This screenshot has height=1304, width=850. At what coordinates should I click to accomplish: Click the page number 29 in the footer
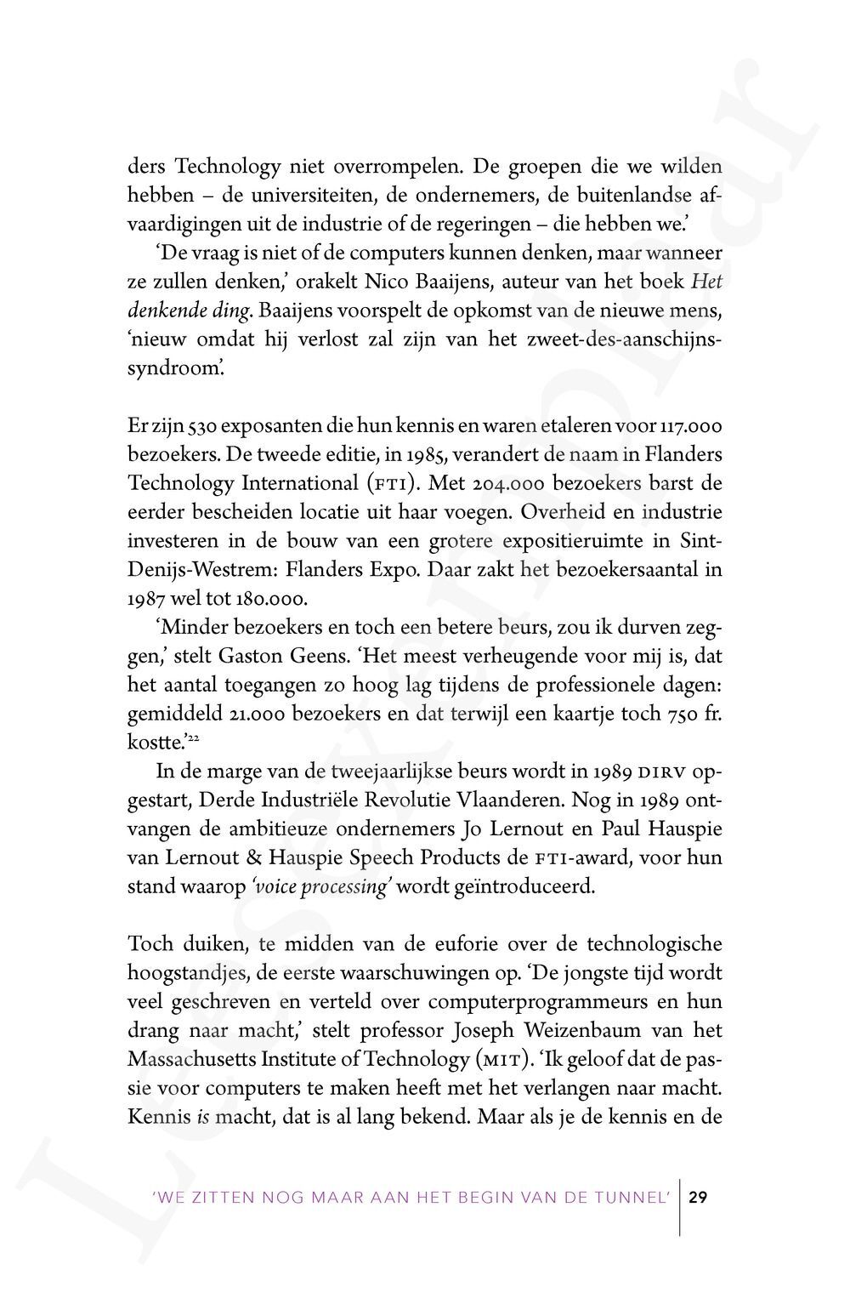[x=698, y=1198]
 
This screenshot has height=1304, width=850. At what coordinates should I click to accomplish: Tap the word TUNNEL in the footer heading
[x=635, y=1199]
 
